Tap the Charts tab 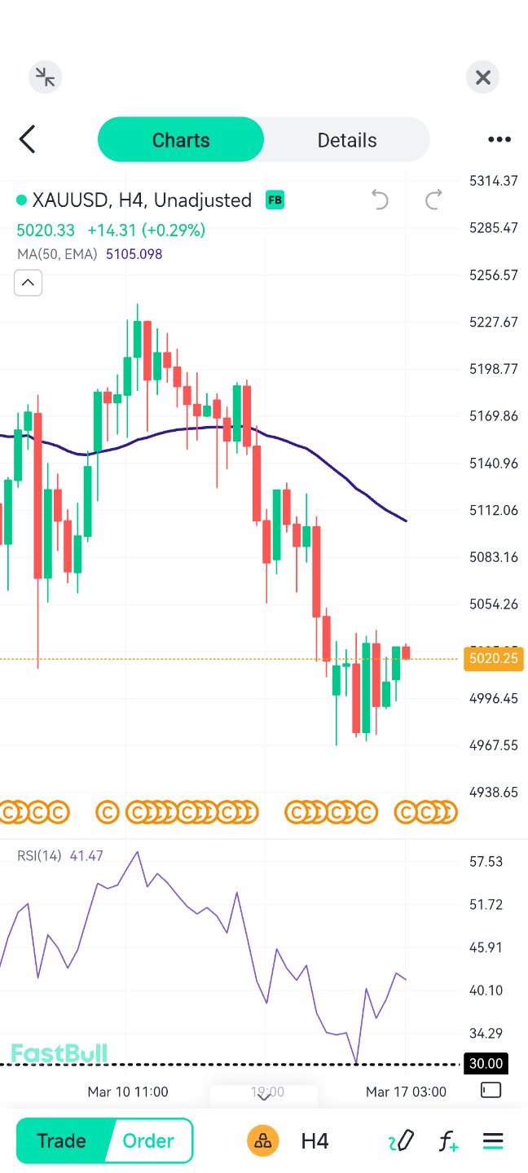pos(181,140)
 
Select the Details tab pos(346,140)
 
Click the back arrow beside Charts pos(28,139)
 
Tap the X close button pos(482,77)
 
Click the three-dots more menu pos(499,139)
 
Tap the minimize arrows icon pos(45,77)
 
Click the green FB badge pos(275,200)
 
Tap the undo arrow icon pos(380,200)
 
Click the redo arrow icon pos(433,200)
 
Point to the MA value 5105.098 pos(134,254)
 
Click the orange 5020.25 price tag pos(493,658)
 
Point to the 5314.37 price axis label pos(493,181)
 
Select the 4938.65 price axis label pos(493,792)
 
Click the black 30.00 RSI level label pos(485,1064)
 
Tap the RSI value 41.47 pos(86,856)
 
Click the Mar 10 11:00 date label pos(128,1092)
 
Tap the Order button pos(148,1140)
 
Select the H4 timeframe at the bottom pos(315,1140)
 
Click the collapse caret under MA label pos(28,283)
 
